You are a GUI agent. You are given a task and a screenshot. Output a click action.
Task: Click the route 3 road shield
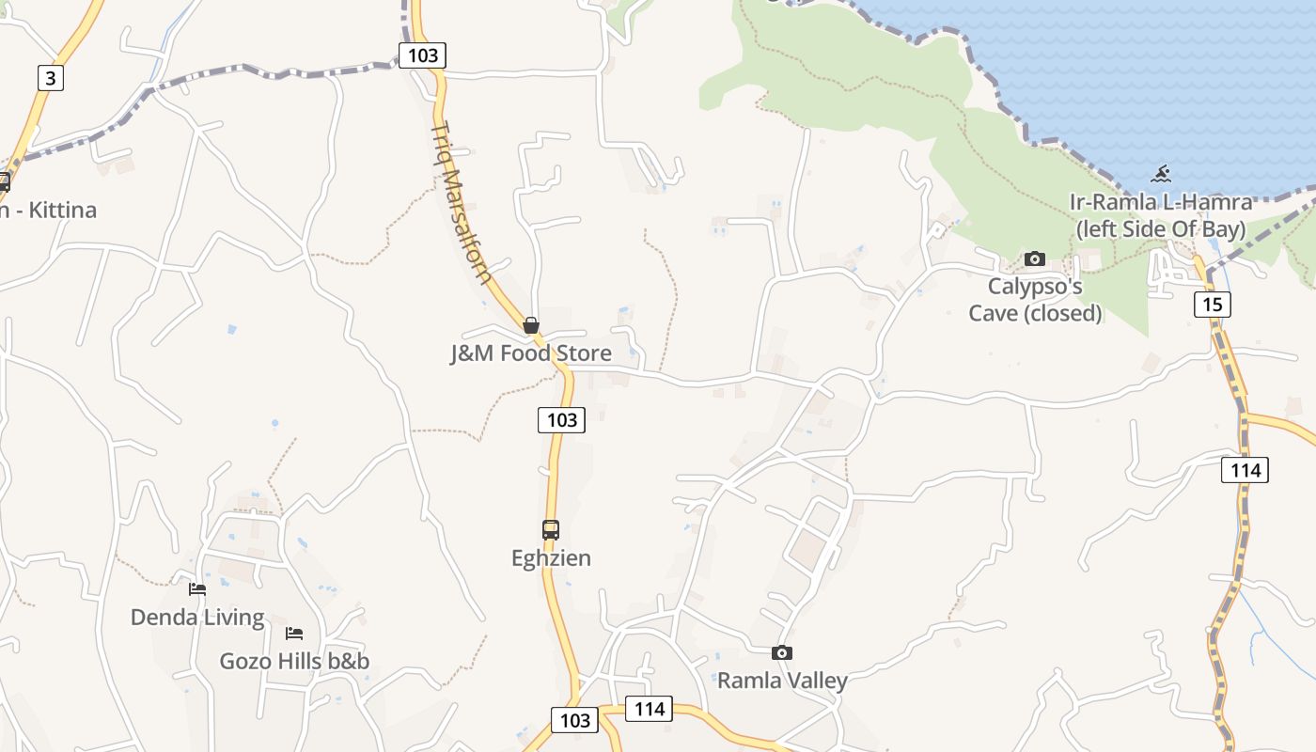(51, 77)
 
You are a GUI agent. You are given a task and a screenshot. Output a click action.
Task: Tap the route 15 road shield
(1213, 304)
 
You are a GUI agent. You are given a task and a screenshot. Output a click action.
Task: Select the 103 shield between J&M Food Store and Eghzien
(561, 419)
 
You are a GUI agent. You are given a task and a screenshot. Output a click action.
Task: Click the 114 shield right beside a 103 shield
(650, 709)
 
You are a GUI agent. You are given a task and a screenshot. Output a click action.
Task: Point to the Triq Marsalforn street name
(462, 202)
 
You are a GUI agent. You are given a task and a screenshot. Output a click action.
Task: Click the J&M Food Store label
(530, 353)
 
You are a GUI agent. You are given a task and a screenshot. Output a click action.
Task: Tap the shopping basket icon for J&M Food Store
(531, 325)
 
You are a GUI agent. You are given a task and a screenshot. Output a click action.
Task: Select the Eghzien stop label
(551, 558)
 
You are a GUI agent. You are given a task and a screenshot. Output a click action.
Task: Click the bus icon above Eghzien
(551, 529)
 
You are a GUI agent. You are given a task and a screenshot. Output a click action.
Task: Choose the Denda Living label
(197, 618)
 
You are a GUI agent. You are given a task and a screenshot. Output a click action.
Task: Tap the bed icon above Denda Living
(197, 589)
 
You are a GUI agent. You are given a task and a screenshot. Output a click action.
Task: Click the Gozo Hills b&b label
(294, 661)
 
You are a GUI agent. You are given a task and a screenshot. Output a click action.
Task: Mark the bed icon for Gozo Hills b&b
(294, 634)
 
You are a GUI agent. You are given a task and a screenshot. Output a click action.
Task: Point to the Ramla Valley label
(782, 681)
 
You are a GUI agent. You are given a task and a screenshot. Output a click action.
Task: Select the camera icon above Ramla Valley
(781, 652)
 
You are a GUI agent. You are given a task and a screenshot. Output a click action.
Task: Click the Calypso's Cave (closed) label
(1035, 299)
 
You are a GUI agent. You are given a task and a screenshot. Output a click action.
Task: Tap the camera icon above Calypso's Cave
(1035, 258)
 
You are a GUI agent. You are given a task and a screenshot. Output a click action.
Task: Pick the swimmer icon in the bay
(1162, 174)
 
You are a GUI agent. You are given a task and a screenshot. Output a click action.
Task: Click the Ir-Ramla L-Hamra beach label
(1161, 215)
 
